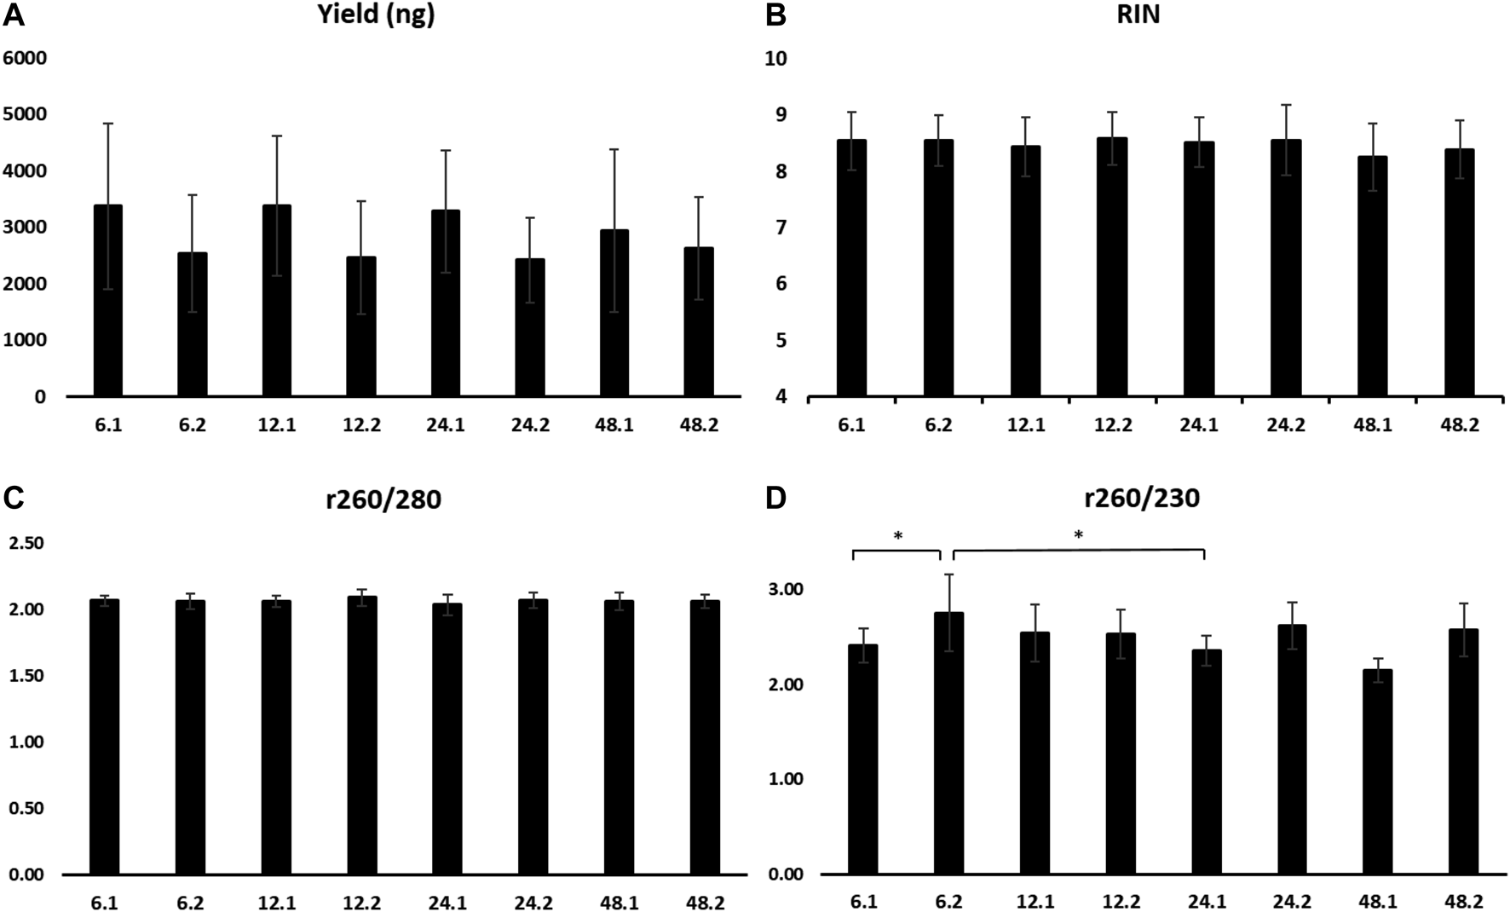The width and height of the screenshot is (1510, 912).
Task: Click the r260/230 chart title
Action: coord(1138,498)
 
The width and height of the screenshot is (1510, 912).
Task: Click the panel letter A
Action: coord(14,14)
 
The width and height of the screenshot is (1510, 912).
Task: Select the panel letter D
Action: coord(775,498)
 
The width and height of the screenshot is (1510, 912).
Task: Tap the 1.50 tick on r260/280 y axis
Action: coord(27,676)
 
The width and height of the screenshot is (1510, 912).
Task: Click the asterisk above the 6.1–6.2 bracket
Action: coord(897,536)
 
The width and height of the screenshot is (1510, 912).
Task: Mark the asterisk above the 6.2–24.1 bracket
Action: coord(1078,535)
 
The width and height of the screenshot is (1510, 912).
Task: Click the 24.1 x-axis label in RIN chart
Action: coord(1199,424)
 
